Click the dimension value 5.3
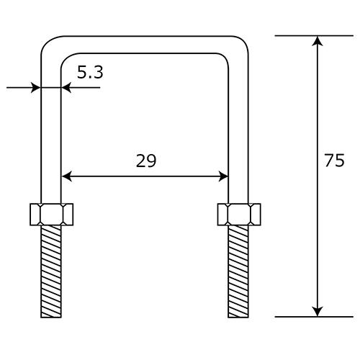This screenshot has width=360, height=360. tap(90, 72)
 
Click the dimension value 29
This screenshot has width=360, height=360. tap(146, 161)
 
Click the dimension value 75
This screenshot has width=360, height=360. tap(335, 161)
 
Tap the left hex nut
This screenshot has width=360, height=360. tap(52, 215)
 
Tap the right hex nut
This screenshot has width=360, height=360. tap(239, 215)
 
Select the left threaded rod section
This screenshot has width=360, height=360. tap(51, 271)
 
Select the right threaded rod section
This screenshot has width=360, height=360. tap(238, 271)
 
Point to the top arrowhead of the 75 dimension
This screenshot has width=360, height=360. tap(318, 41)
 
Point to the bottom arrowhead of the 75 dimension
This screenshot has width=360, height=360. tap(318, 312)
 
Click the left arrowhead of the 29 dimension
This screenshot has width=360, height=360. tap(67, 176)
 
